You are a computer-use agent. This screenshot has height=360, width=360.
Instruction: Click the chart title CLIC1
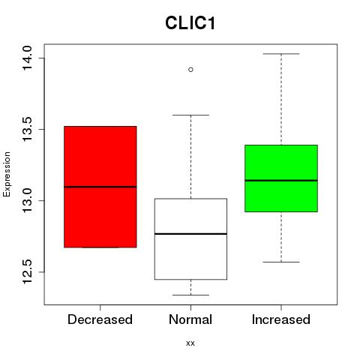pyautogui.click(x=190, y=23)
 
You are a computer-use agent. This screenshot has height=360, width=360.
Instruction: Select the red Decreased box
pyautogui.click(x=100, y=187)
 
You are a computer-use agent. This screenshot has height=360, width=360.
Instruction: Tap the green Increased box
pyautogui.click(x=281, y=178)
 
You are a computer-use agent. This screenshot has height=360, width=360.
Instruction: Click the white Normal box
pyautogui.click(x=190, y=238)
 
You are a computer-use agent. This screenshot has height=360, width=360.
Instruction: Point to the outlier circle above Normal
pyautogui.click(x=190, y=70)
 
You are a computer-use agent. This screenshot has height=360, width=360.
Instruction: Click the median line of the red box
pyautogui.click(x=100, y=187)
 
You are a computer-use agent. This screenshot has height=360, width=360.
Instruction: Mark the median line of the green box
pyautogui.click(x=281, y=180)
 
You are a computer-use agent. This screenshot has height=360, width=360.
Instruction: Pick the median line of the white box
pyautogui.click(x=190, y=234)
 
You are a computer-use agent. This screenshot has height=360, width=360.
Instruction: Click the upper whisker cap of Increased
pyautogui.click(x=281, y=54)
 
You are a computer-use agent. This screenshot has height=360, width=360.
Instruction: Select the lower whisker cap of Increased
pyautogui.click(x=281, y=262)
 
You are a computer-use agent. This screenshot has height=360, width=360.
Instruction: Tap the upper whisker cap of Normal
pyautogui.click(x=190, y=115)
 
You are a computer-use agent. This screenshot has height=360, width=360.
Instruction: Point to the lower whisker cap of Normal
pyautogui.click(x=190, y=295)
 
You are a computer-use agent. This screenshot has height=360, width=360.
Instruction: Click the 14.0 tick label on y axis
pyautogui.click(x=27, y=58)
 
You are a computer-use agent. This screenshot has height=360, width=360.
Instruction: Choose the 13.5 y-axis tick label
pyautogui.click(x=27, y=129)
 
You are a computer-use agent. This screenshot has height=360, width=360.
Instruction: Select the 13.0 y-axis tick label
pyautogui.click(x=27, y=200)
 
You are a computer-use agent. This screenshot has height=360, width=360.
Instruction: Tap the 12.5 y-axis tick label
pyautogui.click(x=27, y=271)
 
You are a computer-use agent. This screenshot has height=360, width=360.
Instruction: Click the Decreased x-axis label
pyautogui.click(x=100, y=319)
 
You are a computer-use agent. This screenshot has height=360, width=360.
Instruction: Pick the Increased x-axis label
pyautogui.click(x=281, y=319)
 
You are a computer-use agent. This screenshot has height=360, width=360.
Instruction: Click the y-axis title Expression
pyautogui.click(x=7, y=175)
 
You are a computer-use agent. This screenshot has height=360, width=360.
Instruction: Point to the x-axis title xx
pyautogui.click(x=190, y=343)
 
